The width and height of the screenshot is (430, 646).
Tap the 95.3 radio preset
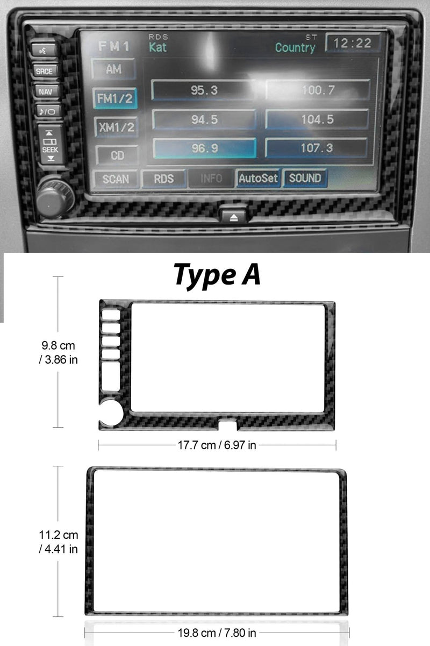(x=204, y=90)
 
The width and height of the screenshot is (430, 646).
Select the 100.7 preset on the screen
(x=318, y=90)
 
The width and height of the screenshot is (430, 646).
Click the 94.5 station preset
(x=204, y=119)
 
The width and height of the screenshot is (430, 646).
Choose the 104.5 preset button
(x=317, y=119)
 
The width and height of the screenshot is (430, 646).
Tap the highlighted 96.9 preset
(x=204, y=148)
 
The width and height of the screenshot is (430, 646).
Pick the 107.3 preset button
(x=317, y=148)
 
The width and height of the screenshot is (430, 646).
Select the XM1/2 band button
(x=115, y=127)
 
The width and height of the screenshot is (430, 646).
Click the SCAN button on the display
(x=115, y=179)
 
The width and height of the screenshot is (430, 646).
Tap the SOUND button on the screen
(x=305, y=178)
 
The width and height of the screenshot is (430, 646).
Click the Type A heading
(x=217, y=275)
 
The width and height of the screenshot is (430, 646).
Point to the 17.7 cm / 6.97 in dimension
(x=217, y=445)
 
